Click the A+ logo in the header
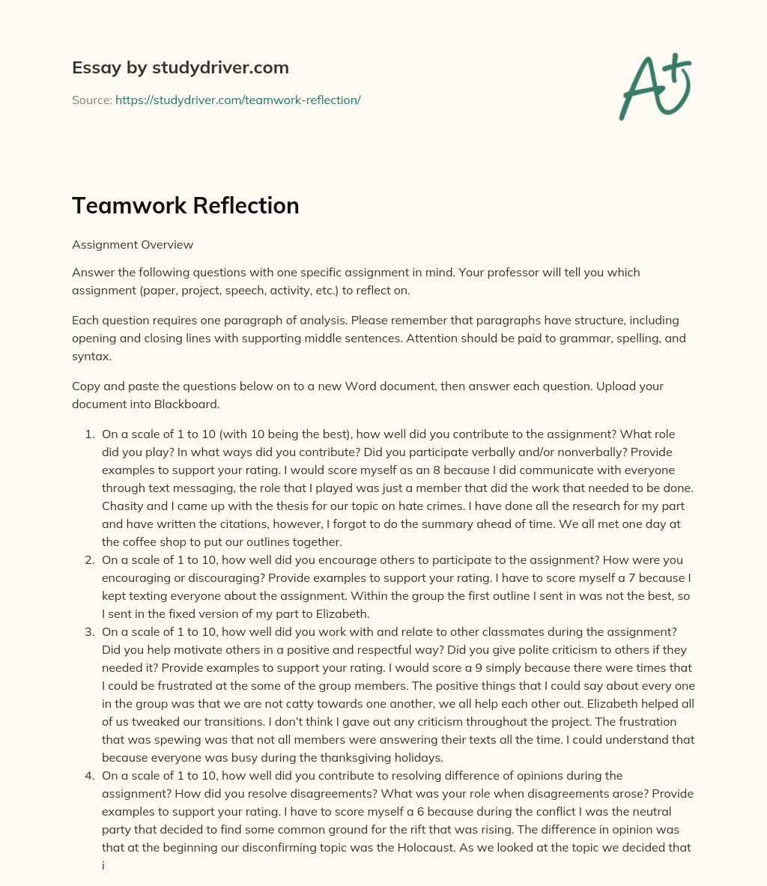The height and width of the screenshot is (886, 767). pos(654,86)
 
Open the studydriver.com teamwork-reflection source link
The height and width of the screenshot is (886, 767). pos(237,100)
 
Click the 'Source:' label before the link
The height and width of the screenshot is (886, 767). pos(91,100)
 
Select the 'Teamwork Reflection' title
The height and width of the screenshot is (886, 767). pos(185,206)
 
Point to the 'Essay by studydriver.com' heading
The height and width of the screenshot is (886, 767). pos(180,67)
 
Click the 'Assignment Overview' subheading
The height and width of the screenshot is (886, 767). pos(133,244)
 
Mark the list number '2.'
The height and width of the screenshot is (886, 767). pos(89,559)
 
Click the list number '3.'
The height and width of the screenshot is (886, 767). pos(89,631)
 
